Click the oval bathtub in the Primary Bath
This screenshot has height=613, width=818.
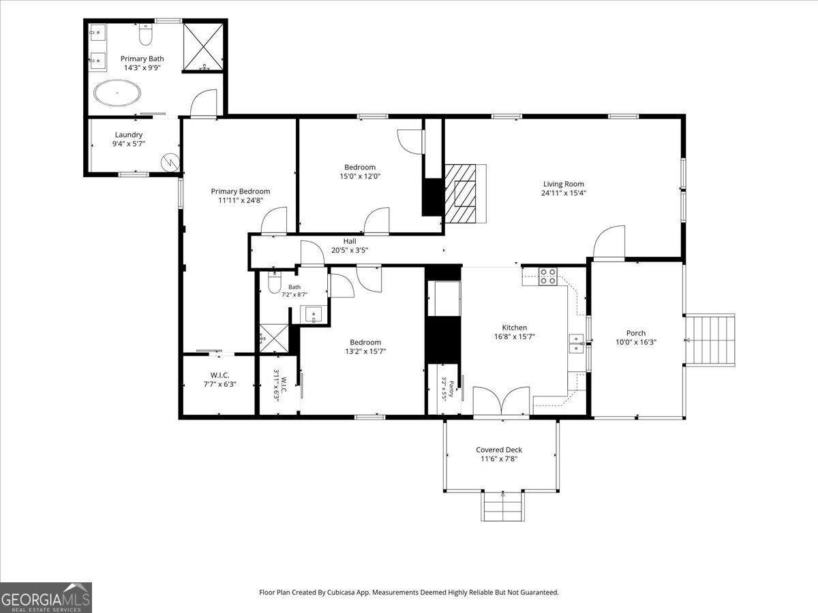pos(117,93)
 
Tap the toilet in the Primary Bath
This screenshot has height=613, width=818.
pos(145,34)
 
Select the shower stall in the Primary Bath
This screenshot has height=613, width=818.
pos(203,46)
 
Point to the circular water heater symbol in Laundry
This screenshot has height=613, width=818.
pos(170,162)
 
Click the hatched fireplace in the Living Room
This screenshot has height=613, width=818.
pos(466,193)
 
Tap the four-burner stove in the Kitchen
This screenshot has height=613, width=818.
pos(548,277)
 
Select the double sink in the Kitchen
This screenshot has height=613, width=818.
pos(577,343)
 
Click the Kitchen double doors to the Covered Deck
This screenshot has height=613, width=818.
pos(501,400)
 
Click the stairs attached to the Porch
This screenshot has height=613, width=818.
pos(710,340)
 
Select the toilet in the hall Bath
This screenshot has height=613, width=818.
pos(275,283)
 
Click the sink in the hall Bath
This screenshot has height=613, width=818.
pos(314,315)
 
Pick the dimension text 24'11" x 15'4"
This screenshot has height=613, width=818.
pos(564,193)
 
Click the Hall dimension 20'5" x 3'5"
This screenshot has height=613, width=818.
pos(350,250)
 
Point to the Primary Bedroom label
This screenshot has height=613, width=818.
pos(241,191)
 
